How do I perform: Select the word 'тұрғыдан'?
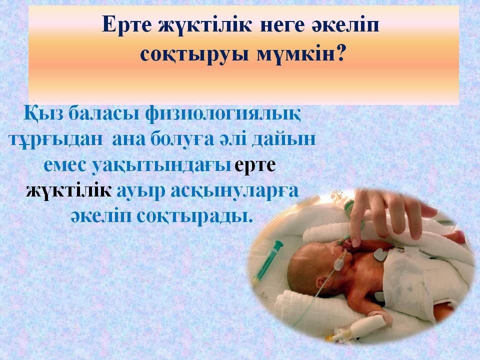56,139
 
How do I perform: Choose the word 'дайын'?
283,139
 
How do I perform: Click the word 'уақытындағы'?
161,166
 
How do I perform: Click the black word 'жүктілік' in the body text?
69,191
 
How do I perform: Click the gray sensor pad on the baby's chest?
380,254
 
